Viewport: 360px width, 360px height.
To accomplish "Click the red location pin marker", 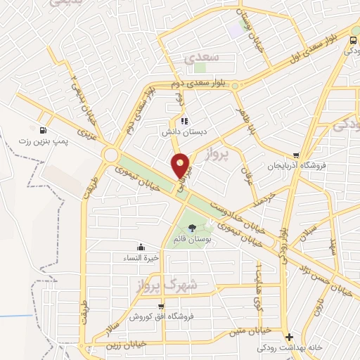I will point(182,165).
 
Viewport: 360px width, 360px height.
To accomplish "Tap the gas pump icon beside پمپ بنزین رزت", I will point(44,130).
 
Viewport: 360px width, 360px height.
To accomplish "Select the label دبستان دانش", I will point(184,131).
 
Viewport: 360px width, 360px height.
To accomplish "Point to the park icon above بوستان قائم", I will point(192,227).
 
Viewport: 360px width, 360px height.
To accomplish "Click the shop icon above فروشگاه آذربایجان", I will point(296,155).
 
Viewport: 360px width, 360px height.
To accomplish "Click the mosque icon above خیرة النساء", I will point(142,246).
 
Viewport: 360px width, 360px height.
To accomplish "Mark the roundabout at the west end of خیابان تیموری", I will point(110,154).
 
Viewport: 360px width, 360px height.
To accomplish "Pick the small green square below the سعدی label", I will point(200,69).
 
